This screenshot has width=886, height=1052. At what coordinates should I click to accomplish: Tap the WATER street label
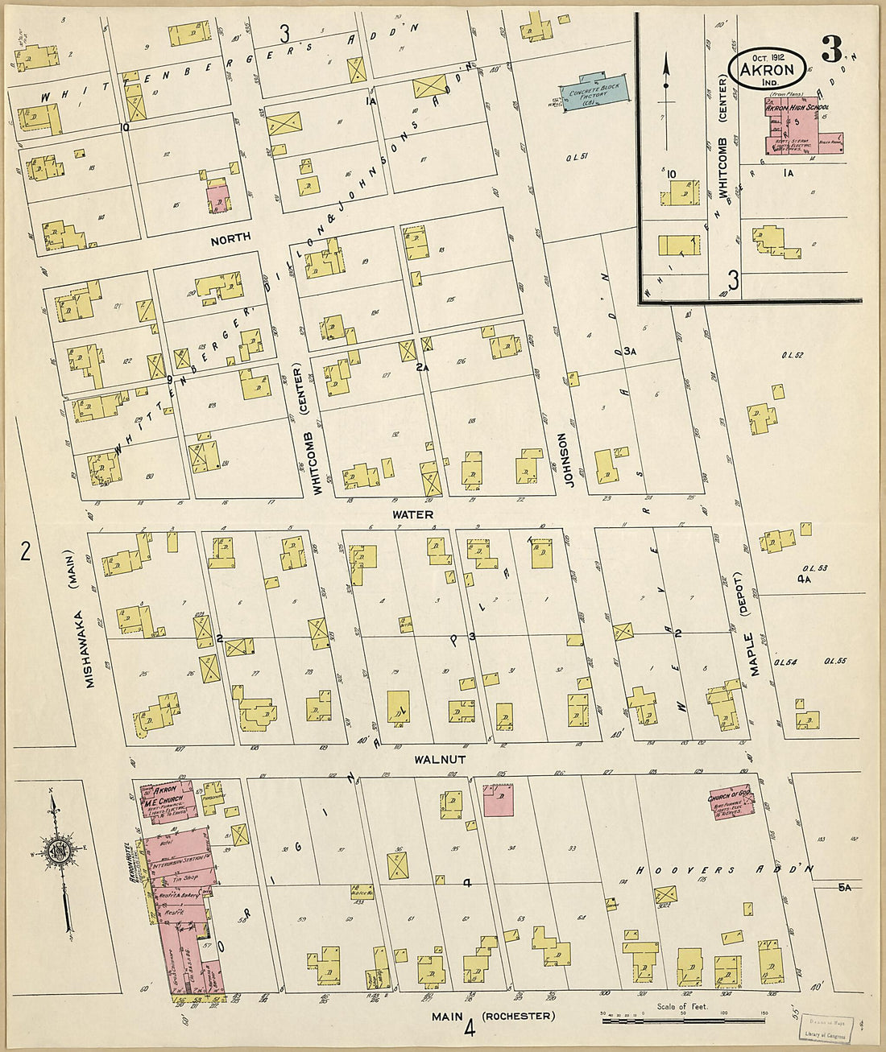point(412,514)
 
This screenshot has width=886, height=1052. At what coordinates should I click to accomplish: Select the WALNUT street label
point(440,759)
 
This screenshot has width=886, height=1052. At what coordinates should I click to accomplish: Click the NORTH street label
point(230,238)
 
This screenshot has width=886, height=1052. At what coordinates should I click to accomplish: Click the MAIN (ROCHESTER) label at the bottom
point(493,1017)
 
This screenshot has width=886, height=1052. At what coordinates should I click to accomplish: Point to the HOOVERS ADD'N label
point(721,870)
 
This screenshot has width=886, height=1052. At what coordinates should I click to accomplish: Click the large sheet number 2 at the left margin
point(25,551)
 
